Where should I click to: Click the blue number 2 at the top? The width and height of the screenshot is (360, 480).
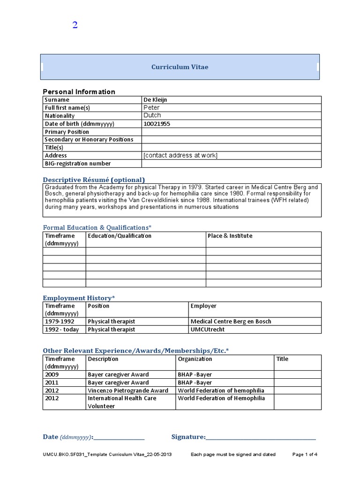(75, 25)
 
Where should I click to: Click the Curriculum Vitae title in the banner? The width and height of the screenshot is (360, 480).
(180, 67)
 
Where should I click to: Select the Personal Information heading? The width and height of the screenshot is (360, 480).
(79, 91)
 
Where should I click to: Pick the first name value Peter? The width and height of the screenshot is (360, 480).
(151, 108)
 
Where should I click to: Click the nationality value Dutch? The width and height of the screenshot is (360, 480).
(152, 115)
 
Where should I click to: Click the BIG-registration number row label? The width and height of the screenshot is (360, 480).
(77, 164)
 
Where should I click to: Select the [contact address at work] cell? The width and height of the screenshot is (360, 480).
(180, 156)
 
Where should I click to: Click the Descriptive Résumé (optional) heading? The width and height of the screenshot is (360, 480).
(94, 180)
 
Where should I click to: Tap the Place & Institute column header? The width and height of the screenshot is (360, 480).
(230, 236)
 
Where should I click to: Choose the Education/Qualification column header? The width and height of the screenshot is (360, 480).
(119, 236)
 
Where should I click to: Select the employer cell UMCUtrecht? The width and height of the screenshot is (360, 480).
(208, 330)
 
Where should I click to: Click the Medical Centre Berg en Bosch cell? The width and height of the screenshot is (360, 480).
(231, 322)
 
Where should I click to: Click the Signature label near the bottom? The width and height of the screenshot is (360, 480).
(188, 437)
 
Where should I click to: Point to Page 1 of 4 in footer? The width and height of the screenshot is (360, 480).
(305, 454)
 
